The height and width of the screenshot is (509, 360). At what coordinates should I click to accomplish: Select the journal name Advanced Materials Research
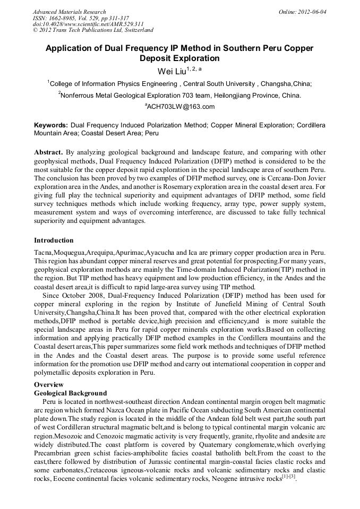point(69,12)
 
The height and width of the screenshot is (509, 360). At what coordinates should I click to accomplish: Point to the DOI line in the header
point(89,24)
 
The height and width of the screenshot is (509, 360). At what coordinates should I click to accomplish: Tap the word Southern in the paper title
point(247,48)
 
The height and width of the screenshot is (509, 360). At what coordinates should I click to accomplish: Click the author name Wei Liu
point(170,71)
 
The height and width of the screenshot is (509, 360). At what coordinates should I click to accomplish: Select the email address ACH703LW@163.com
point(181,107)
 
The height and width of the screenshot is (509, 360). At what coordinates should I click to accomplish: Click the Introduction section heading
point(54,240)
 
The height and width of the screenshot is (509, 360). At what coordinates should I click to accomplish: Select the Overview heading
point(49,384)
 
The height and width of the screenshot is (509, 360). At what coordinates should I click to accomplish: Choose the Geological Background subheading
point(70,393)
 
